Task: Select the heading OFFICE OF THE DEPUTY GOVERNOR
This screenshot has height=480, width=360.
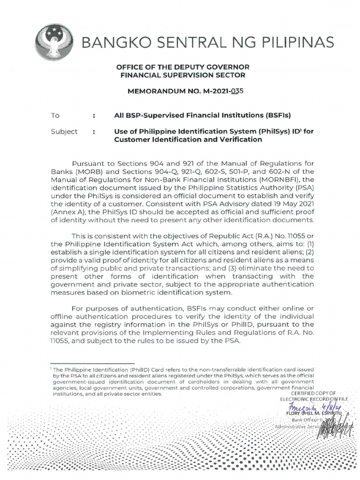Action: tap(180, 67)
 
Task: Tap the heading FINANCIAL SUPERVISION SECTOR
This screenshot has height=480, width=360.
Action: tap(180, 75)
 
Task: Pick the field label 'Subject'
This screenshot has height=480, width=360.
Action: tap(64, 132)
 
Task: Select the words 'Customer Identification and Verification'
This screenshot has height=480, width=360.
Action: tap(187, 140)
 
